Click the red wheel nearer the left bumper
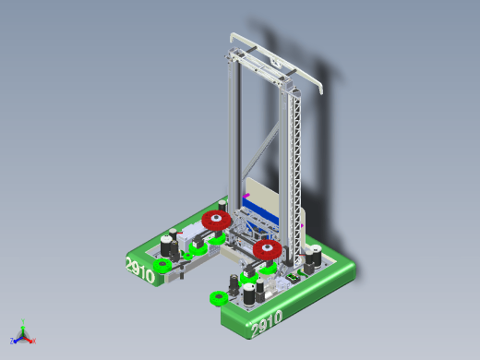pos(216,220)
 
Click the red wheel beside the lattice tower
pos(268,249)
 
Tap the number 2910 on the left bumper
pos(140,270)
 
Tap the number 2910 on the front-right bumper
pos(267,323)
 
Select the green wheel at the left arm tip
pos(162,266)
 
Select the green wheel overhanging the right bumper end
pos(219,298)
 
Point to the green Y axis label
pos(23,321)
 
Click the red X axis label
pos(34,341)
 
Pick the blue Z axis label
pos(12,341)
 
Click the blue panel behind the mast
pos(261,210)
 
